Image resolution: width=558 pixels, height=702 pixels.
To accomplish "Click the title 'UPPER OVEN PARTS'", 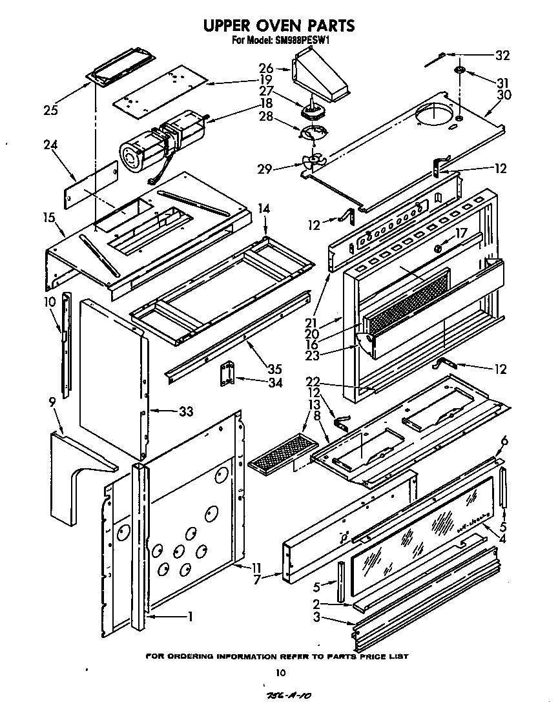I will click(x=279, y=25).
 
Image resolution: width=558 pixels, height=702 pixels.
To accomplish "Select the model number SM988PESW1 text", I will click(x=303, y=39).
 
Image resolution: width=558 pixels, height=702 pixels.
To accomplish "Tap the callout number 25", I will click(x=50, y=110).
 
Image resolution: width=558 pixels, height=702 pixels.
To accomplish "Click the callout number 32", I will click(x=502, y=56).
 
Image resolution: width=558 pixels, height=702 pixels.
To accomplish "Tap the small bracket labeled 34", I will click(x=226, y=375).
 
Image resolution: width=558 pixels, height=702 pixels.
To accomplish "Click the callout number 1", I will click(x=190, y=617).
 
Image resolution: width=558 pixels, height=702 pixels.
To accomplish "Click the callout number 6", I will click(x=504, y=440).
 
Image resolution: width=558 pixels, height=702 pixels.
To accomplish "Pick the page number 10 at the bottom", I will click(x=280, y=673).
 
